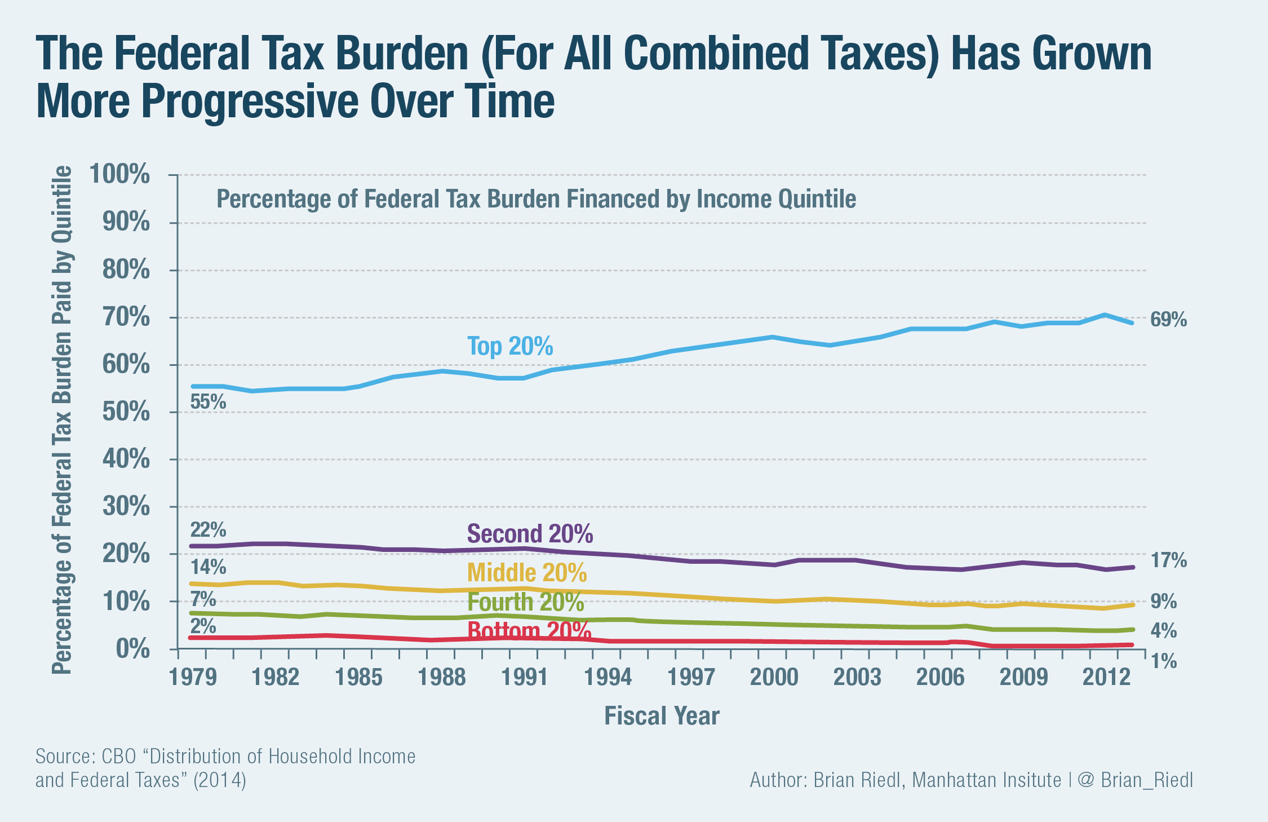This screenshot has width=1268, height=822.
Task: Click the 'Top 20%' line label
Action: (510, 346)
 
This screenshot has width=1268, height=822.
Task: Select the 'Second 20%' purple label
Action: (530, 533)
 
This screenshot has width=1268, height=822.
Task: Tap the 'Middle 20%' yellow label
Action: (527, 573)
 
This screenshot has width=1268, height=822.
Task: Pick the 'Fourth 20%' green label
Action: (525, 602)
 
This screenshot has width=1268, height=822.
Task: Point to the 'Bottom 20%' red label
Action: (529, 630)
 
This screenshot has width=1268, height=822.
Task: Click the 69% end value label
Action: (1168, 320)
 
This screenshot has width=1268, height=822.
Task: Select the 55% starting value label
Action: (208, 402)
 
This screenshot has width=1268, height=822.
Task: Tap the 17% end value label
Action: (1168, 560)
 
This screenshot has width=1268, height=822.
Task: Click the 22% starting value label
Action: (208, 530)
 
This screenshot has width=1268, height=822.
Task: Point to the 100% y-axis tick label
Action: (119, 174)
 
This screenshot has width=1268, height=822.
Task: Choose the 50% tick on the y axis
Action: (126, 412)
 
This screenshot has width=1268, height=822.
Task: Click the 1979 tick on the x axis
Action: (193, 677)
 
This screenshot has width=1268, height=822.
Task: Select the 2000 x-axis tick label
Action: (774, 677)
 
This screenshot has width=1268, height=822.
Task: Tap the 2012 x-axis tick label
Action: (1106, 677)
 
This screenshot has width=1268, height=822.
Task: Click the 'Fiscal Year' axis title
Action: (662, 716)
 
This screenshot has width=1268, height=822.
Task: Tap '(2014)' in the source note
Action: (220, 780)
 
